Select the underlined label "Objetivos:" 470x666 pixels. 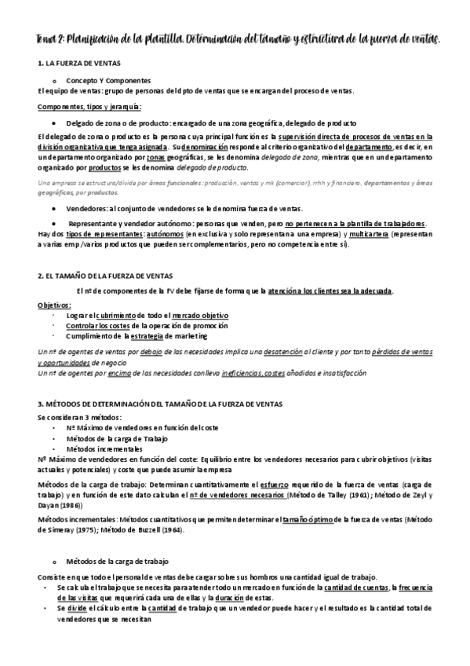(54, 306)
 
